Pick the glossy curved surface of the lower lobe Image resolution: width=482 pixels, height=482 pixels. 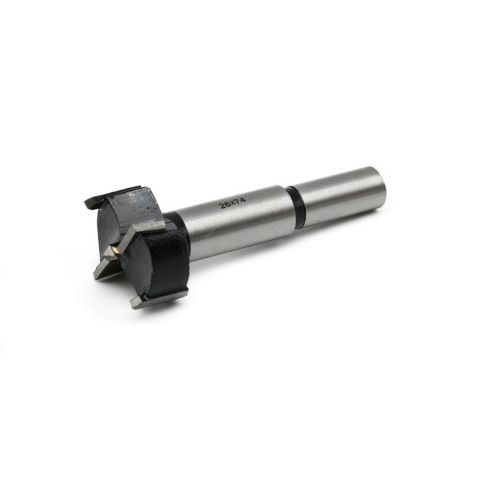169,260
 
